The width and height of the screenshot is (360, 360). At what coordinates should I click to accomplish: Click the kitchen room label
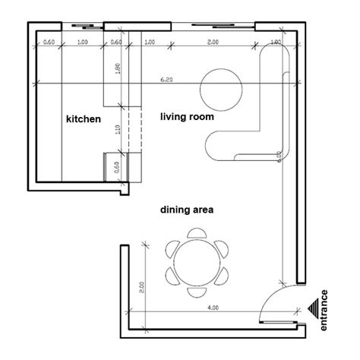click(x=83, y=119)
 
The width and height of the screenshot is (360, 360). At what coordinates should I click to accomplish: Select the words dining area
click(x=185, y=208)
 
